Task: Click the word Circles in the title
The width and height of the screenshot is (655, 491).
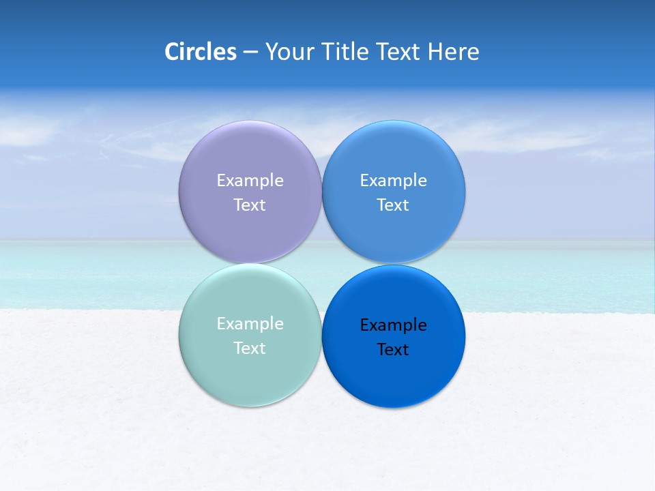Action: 200,52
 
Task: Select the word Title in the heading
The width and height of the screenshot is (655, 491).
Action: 345,52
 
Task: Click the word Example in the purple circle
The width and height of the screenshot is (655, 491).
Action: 250,181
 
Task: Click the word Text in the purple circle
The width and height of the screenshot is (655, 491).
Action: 250,205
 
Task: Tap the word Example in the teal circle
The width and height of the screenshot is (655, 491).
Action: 250,324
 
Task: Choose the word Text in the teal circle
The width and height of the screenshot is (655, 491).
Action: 250,348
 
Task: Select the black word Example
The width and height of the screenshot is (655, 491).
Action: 393,325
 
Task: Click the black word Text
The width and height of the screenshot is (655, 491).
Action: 393,350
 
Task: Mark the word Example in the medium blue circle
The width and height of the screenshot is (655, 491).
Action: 393,181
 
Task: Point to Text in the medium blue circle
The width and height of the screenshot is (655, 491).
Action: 393,205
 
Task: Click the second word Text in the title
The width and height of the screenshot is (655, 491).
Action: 399,52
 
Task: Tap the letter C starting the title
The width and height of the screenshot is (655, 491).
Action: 171,52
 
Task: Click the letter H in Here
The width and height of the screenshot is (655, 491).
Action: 435,52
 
